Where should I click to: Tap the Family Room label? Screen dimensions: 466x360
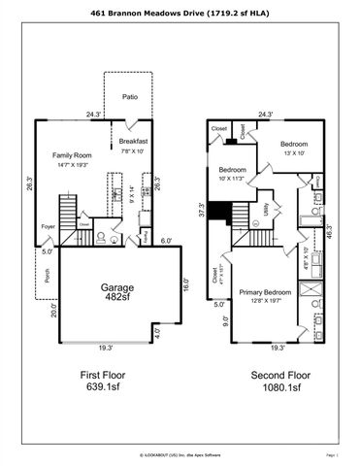point(73,154)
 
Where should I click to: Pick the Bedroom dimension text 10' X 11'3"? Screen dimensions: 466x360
point(234,178)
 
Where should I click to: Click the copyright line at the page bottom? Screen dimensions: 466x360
point(180,453)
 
